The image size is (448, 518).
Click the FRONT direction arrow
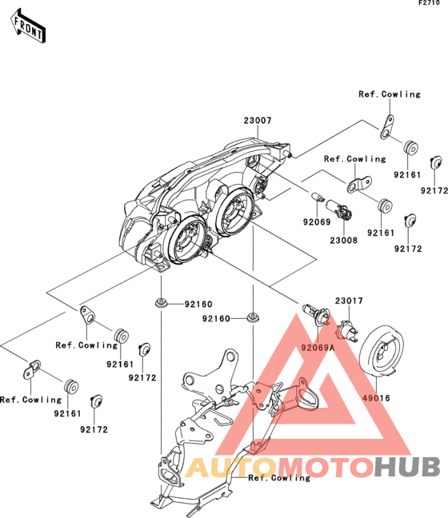tap(28, 26)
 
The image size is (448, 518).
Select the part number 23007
tap(258, 121)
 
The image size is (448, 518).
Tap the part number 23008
tap(343, 241)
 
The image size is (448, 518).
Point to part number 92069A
tap(318, 348)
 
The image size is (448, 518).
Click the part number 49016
tap(376, 398)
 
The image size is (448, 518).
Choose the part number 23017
tap(349, 301)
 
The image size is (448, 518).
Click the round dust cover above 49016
tap(382, 351)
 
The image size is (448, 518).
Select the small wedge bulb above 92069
tap(318, 197)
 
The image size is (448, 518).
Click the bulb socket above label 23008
tap(339, 209)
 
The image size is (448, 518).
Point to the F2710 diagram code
tap(429, 3)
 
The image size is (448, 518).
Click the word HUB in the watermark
tap(407, 467)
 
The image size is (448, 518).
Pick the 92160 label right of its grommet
tap(198, 304)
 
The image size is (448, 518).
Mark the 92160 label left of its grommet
tap(216, 318)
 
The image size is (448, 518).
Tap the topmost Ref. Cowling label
tap(390, 94)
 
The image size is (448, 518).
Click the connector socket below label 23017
tap(347, 332)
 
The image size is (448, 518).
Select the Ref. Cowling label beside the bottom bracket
tap(279, 478)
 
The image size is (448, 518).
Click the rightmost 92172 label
tap(434, 190)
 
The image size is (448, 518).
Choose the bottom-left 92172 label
tap(94, 429)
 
